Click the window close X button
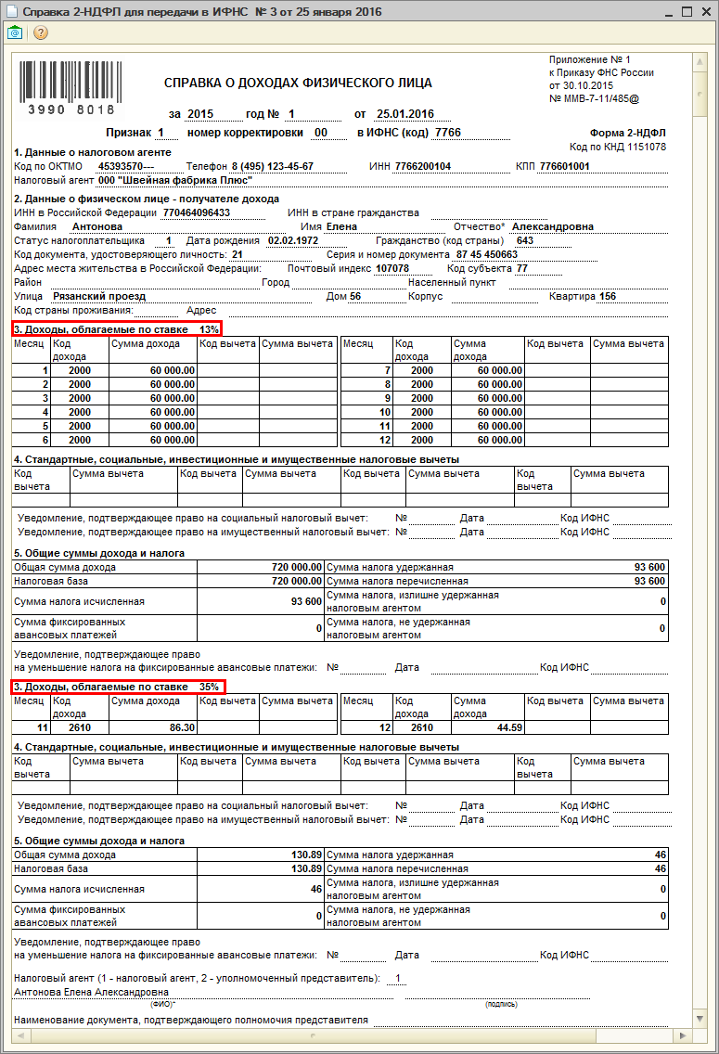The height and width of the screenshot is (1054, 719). tap(706, 12)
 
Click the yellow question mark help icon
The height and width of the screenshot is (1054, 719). tap(40, 32)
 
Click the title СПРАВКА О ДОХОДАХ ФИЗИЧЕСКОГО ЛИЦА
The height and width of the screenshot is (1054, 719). tap(298, 83)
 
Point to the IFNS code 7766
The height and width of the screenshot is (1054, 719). tap(447, 133)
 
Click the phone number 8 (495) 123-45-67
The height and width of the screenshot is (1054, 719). tap(272, 166)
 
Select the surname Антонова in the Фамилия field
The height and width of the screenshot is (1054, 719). tap(96, 226)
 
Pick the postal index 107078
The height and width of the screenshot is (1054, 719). tap(392, 268)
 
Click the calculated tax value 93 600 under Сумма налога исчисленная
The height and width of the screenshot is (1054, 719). tap(305, 602)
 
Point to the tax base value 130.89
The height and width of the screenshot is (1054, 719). tap(305, 869)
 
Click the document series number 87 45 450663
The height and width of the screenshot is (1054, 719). tap(486, 254)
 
